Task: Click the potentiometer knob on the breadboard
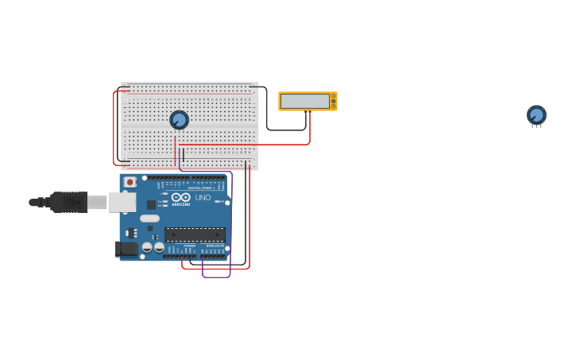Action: point(179,120)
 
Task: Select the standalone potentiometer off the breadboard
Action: point(536,115)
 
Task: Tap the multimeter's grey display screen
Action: point(305,101)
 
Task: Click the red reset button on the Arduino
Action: point(130,182)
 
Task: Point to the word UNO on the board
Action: point(203,197)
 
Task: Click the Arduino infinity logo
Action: point(181,196)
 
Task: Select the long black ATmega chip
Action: point(195,234)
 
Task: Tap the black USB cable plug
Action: point(68,203)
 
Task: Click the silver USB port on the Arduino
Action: point(122,202)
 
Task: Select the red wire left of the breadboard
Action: point(114,127)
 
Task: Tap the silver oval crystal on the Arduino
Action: point(149,219)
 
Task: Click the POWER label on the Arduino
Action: point(189,246)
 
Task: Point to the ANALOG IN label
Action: point(215,246)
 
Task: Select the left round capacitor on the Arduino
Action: point(147,247)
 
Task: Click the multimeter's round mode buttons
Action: point(334,101)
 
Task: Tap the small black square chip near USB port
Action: point(151,204)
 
